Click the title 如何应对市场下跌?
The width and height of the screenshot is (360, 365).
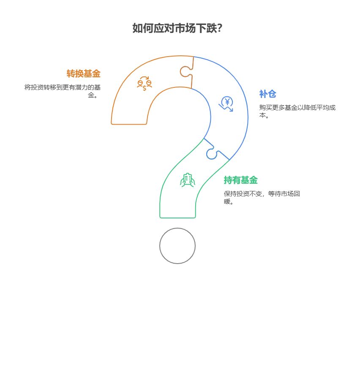click(x=177, y=28)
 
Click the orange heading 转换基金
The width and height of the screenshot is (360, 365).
click(x=83, y=74)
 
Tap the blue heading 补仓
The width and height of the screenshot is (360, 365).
click(x=267, y=94)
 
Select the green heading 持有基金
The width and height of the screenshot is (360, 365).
click(x=240, y=180)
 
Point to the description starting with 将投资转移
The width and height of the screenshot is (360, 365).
click(x=63, y=91)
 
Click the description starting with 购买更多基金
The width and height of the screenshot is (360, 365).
click(x=297, y=111)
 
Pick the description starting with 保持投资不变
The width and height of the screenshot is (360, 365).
click(x=262, y=197)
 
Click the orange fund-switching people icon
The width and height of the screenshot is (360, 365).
click(x=145, y=83)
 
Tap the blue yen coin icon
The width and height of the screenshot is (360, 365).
click(x=226, y=104)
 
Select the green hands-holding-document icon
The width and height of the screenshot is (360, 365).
click(x=188, y=180)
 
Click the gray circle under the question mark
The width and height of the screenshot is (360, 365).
click(x=177, y=246)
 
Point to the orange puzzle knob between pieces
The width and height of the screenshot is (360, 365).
click(x=186, y=71)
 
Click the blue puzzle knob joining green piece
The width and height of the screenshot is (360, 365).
click(x=212, y=153)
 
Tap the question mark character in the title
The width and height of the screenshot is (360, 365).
click(x=219, y=28)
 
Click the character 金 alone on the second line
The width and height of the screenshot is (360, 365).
click(x=91, y=95)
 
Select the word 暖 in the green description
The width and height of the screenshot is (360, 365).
click(x=227, y=202)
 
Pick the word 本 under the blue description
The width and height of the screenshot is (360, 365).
click(x=262, y=115)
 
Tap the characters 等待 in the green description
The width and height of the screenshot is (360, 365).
click(x=274, y=193)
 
